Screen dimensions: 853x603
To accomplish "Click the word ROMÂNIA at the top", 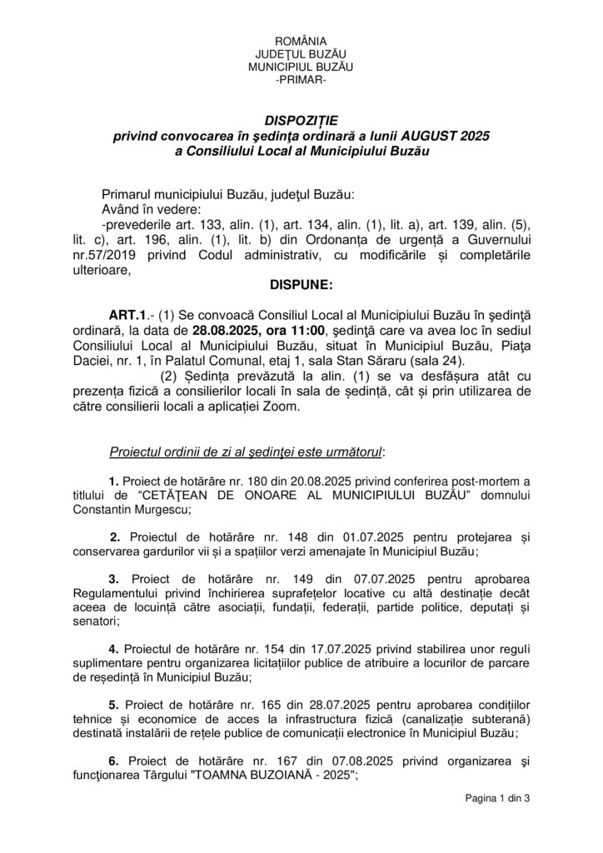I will click(301, 42).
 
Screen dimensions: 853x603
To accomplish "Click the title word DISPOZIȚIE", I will click(301, 120).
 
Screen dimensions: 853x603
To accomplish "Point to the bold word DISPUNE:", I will click(301, 285).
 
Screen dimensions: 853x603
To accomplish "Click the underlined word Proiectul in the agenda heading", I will click(136, 451).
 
